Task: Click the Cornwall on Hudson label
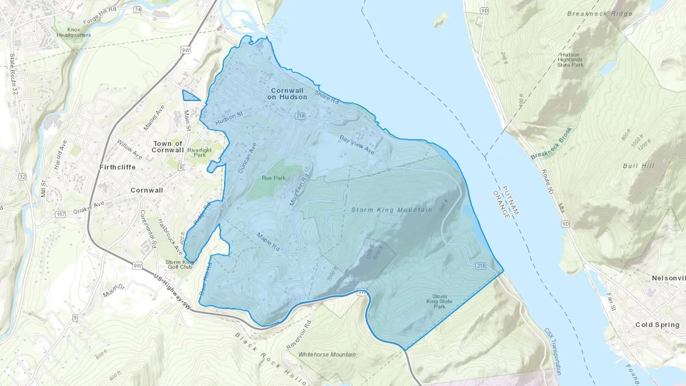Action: coord(287,94)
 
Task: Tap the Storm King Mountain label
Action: coord(392,210)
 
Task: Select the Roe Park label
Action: coord(274,178)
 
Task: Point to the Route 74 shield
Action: coord(137,10)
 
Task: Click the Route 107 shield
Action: coord(61,214)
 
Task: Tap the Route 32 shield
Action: coord(22,177)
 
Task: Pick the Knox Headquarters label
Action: coord(74,32)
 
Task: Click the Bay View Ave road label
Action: coord(357,145)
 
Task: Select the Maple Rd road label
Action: coord(268,242)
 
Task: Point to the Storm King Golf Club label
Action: coord(180,264)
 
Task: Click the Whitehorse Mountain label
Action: coord(327,354)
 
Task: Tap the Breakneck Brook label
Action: coord(551,143)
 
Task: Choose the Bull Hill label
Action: coord(638,166)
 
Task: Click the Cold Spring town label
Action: coord(657,325)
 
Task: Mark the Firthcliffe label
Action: coord(117,167)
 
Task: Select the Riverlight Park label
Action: coord(199,152)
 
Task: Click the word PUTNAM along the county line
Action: coord(511,200)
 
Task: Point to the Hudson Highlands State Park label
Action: coord(570,60)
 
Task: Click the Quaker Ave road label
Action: coord(88,208)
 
